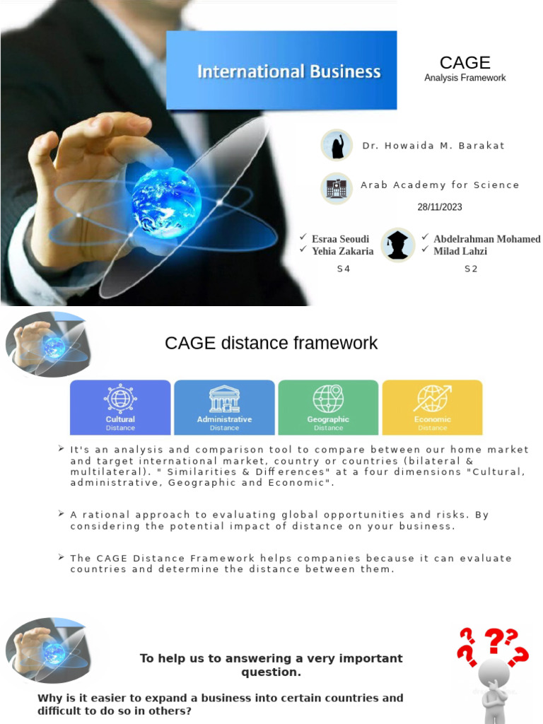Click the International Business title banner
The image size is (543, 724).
[x=281, y=71]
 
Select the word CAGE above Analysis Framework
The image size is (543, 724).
[x=465, y=63]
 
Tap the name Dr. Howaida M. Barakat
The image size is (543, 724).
[x=433, y=146]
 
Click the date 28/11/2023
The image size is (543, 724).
[x=440, y=207]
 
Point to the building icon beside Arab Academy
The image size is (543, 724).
[x=337, y=187]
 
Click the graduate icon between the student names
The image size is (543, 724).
[x=397, y=245]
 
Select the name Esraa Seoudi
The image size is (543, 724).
[x=340, y=239]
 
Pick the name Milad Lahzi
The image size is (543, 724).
[x=460, y=251]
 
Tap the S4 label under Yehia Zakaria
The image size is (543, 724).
[x=344, y=269]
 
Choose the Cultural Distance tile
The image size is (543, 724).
[x=120, y=407]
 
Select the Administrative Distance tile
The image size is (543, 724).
[x=224, y=407]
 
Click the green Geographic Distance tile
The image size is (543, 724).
[x=328, y=407]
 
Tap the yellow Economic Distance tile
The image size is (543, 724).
[x=432, y=407]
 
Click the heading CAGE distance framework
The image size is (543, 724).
[x=271, y=344]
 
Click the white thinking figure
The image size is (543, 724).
[x=494, y=686]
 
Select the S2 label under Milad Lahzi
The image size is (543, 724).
[x=471, y=269]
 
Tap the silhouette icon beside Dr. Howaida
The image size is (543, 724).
[x=337, y=146]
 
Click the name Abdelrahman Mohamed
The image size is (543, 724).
[x=486, y=239]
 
